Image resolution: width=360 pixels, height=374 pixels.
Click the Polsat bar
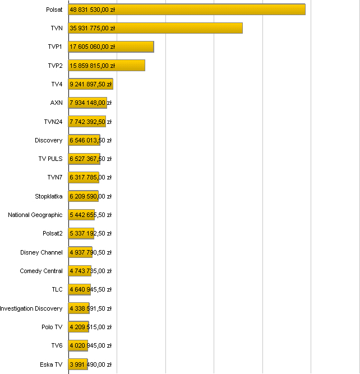pyautogui.click(x=187, y=10)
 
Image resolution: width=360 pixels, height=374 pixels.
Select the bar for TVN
pyautogui.click(x=155, y=28)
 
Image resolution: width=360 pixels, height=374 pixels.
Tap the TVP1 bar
pyautogui.click(x=111, y=47)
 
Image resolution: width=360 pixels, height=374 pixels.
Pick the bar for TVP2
pyautogui.click(x=107, y=66)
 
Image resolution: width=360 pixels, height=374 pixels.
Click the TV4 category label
pyautogui.click(x=57, y=84)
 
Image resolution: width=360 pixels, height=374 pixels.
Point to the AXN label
pyautogui.click(x=56, y=103)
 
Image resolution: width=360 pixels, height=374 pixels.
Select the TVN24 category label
pyautogui.click(x=53, y=122)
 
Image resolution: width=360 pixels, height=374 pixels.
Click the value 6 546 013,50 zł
pyautogui.click(x=90, y=140)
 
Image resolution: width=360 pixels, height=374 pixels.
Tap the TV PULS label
pyautogui.click(x=50, y=159)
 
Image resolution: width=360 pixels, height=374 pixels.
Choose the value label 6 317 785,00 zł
pyautogui.click(x=90, y=178)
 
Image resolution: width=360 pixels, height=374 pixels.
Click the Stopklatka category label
pyautogui.click(x=49, y=196)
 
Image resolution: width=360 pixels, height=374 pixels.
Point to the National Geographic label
pyautogui.click(x=35, y=215)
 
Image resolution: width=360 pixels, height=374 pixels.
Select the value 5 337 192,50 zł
pyautogui.click(x=90, y=234)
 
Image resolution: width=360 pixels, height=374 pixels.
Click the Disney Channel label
pyautogui.click(x=41, y=252)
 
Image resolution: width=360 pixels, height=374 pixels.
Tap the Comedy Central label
pyautogui.click(x=41, y=271)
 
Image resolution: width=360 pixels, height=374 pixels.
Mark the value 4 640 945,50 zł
pyautogui.click(x=90, y=290)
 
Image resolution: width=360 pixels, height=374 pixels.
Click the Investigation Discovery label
pyautogui.click(x=31, y=308)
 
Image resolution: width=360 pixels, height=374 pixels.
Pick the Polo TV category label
pyautogui.click(x=52, y=327)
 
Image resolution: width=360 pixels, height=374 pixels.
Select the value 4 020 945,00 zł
pyautogui.click(x=90, y=346)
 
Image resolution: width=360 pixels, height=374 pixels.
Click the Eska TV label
pyautogui.click(x=51, y=364)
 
